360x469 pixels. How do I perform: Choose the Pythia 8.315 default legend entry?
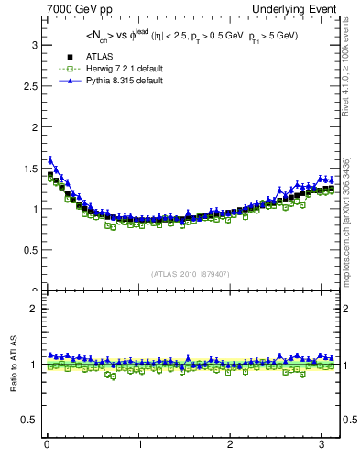103,81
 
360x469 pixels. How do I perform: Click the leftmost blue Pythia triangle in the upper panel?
50,159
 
